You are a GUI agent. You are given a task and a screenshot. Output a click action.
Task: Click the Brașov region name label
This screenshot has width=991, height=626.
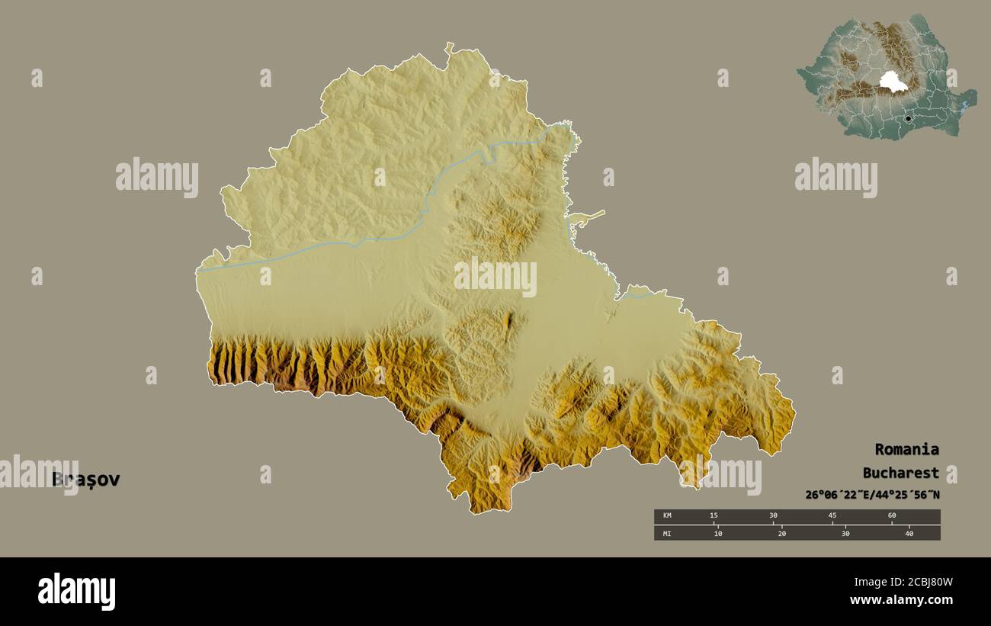coord(85,480)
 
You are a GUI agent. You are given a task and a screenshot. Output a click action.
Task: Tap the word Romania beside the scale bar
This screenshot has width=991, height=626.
coord(906,449)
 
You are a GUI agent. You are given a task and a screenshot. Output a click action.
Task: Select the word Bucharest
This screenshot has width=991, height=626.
coord(900,473)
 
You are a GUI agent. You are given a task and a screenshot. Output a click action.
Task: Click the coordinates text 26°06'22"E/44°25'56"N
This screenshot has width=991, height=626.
coord(872,495)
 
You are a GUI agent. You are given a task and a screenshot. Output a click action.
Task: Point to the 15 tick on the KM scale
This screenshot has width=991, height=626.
coord(714,516)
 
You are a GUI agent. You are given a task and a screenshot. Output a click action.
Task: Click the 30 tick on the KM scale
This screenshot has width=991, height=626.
coord(773,516)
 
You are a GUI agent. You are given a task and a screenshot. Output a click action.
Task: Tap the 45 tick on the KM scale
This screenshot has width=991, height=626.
coord(832,516)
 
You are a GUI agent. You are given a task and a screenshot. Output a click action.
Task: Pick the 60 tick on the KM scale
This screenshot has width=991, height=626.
coord(892,516)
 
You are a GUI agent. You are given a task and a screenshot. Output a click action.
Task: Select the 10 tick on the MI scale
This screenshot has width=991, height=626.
coord(718,533)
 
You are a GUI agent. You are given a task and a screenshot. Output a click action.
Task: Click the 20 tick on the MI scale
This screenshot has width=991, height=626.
coord(782,533)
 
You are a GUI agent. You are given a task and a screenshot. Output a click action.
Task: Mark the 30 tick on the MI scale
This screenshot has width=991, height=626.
coord(845,533)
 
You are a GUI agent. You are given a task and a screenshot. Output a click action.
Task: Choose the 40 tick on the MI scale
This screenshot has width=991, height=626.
coord(909,533)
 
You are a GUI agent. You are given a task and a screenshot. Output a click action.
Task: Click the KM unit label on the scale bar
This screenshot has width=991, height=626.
coord(667,516)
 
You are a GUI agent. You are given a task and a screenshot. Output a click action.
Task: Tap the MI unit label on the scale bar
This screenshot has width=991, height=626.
coord(667,533)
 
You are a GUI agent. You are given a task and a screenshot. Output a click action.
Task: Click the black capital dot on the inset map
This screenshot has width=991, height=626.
coord(908,119)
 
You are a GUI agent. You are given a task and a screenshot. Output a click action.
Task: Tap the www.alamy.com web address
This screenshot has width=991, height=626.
coord(901,601)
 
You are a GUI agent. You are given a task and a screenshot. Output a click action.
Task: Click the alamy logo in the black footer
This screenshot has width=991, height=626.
coord(76,592)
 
